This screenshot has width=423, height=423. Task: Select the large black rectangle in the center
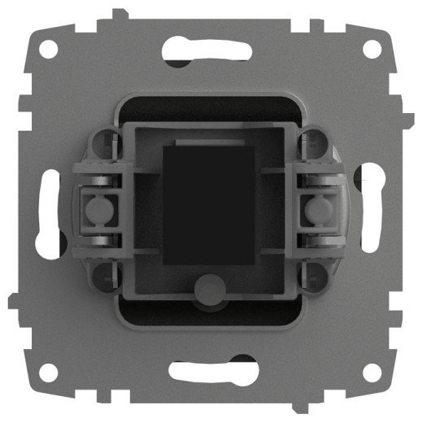click(210, 203)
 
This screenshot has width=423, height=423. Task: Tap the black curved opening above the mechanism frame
click(210, 107)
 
